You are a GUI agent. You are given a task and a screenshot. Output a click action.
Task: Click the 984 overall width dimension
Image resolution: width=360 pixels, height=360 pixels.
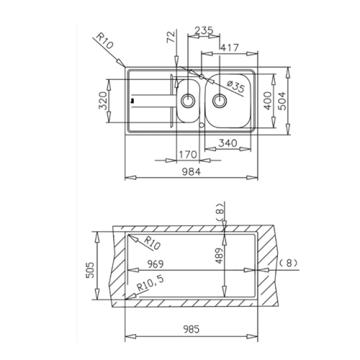[x=191, y=172]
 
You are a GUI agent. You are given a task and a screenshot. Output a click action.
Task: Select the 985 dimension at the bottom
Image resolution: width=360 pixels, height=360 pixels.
[x=191, y=329]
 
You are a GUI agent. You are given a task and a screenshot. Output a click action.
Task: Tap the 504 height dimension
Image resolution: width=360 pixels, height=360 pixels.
[x=282, y=101]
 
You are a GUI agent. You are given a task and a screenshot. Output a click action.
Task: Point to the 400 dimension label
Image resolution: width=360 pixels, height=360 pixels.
[x=268, y=101]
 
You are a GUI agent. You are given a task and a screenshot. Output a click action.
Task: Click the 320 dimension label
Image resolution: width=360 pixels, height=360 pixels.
[x=103, y=101]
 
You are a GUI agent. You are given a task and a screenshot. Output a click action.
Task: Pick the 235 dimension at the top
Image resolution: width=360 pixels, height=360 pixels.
[x=204, y=30]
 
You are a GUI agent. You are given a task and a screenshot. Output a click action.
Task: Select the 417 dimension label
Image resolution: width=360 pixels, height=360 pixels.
[x=229, y=47]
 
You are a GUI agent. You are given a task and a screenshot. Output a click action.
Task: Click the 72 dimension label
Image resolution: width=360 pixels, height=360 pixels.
[x=171, y=37]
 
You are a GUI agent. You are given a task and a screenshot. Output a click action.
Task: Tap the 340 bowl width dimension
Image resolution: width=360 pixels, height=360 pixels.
[x=227, y=143]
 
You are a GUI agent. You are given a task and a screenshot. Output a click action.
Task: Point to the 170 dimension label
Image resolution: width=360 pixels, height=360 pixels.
[x=188, y=155]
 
